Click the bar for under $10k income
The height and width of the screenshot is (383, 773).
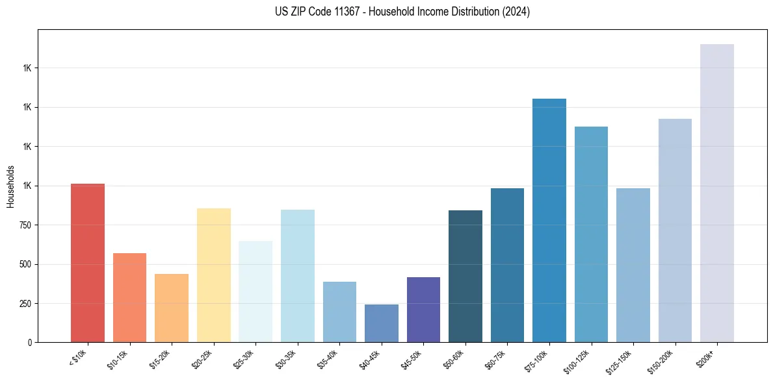coord(88,263)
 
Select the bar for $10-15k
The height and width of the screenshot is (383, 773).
coord(129,297)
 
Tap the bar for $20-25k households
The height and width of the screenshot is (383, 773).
coord(214,275)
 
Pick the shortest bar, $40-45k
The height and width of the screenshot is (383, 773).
coord(382,323)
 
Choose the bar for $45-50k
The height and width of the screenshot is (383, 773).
coord(423,310)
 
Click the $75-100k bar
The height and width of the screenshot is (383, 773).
coord(549,221)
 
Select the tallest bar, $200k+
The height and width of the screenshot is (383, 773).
coord(717,193)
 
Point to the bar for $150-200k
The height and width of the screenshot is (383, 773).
coord(675,230)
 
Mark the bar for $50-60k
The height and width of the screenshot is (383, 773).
coord(465,276)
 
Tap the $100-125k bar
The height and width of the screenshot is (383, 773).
coord(591,234)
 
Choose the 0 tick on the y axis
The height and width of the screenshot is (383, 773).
coord(30,343)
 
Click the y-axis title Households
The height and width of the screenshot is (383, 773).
coord(11,186)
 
